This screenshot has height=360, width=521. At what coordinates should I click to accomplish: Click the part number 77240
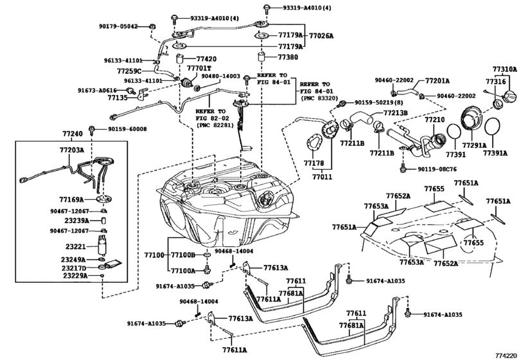pos(73,134)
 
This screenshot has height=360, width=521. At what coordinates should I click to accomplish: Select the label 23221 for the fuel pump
pos(75,247)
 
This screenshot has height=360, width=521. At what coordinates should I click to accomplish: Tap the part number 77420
pos(206,59)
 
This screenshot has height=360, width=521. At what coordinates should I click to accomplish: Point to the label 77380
pos(288,57)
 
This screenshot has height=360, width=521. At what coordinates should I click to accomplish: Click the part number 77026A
pos(321,35)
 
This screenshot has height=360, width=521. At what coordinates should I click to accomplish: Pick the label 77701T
pos(199,68)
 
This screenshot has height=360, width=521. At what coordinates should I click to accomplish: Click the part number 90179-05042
pos(118,26)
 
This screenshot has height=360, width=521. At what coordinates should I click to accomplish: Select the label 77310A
pos(505,69)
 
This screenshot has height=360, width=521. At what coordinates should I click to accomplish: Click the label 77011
pos(322,177)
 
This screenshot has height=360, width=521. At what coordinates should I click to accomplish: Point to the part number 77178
pos(313,163)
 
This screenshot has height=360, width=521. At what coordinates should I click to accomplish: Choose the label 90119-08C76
pos(437,169)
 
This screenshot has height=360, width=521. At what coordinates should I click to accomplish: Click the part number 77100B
pos(183,255)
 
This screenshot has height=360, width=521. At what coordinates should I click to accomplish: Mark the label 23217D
pos(73,268)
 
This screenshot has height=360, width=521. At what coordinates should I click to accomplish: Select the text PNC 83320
pos(319,98)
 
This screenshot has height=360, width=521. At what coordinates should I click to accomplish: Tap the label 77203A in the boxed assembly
pos(72,150)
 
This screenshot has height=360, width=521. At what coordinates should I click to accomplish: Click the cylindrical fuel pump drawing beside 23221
pos(102,246)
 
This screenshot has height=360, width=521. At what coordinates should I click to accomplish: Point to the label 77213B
pos(395,113)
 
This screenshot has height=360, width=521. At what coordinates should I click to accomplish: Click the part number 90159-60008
pos(127,129)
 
